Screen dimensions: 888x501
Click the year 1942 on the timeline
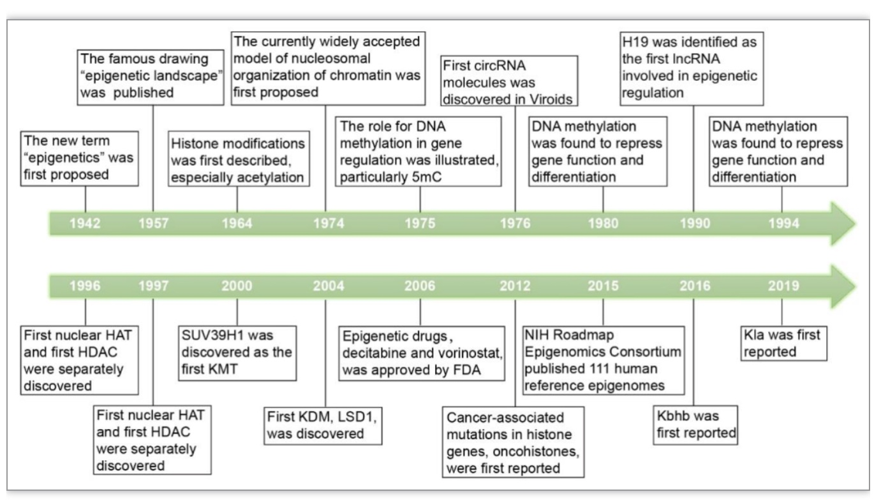coord(85,223)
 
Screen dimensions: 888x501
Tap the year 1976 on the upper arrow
coord(515,223)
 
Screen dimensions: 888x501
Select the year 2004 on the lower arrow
coord(329,286)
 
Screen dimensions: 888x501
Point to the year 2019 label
coord(784,286)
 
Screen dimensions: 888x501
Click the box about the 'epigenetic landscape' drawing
coord(151,77)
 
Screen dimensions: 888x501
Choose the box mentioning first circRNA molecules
coord(509,81)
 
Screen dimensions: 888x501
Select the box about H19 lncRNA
coord(692,68)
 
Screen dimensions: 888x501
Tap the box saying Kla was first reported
coord(784,344)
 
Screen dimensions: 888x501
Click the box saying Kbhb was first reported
coord(695,425)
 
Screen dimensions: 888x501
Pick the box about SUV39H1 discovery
coord(237,353)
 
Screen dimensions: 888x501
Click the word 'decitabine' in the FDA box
coord(371,353)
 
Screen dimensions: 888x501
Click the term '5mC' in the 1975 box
coord(427,177)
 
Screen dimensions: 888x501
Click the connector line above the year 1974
coord(325,159)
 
